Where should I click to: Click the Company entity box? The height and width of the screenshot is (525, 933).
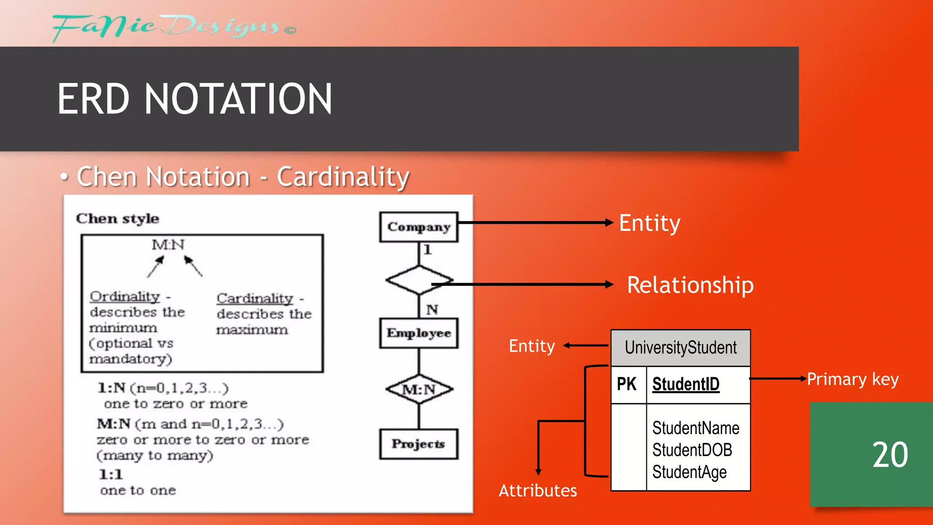click(x=419, y=226)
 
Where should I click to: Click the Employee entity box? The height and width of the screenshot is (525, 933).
click(x=419, y=333)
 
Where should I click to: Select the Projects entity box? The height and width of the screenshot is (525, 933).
click(x=419, y=443)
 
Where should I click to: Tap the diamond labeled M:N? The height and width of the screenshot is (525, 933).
click(x=419, y=389)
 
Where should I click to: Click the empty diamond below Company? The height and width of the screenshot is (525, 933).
click(x=418, y=279)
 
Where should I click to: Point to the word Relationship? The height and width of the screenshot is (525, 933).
click(x=690, y=285)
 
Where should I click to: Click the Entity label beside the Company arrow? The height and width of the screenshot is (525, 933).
click(x=649, y=223)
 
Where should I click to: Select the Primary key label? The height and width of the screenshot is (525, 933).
click(x=852, y=379)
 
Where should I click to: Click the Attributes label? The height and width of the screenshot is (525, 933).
click(x=538, y=491)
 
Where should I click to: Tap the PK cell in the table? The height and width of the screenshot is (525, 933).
click(x=627, y=384)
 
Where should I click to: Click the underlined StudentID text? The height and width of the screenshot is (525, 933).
click(x=686, y=384)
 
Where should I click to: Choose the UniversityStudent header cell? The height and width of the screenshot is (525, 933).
click(x=680, y=348)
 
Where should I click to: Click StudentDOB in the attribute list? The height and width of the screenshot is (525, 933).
click(x=692, y=450)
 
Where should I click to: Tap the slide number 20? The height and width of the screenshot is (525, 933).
click(x=890, y=455)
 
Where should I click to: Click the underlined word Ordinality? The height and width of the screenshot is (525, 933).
click(x=125, y=297)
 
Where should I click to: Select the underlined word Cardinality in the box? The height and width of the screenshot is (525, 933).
click(x=255, y=299)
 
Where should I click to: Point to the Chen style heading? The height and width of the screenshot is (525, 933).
click(x=118, y=218)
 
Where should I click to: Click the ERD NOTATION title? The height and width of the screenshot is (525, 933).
click(x=195, y=99)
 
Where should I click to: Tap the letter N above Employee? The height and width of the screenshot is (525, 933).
click(x=431, y=310)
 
